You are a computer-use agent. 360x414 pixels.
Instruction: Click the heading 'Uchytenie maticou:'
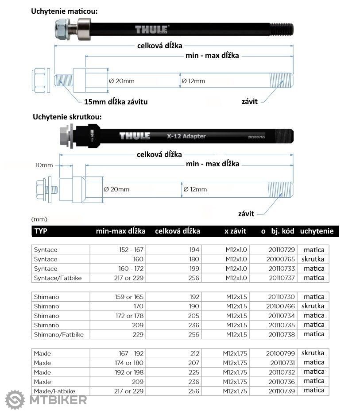pos(64,11)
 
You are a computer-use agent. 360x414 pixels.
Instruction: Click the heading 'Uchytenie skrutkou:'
pos(67,117)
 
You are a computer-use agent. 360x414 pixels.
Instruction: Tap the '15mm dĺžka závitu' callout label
pos(116,102)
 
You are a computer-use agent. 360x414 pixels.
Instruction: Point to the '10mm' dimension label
pos(44,165)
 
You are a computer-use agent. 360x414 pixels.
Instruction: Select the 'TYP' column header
pos(41,231)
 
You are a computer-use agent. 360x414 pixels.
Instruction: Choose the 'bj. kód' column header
pos(281,231)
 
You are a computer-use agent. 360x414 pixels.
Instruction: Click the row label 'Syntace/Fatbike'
pos(58,278)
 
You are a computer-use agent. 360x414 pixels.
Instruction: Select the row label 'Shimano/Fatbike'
pos(58,335)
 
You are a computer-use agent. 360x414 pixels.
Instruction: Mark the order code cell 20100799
pos(279,353)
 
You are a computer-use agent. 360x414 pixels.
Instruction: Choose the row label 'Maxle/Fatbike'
pos(54,391)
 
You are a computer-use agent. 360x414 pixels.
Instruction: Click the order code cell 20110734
pos(279,316)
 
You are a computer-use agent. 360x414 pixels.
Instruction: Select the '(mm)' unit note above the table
pos(39,219)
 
